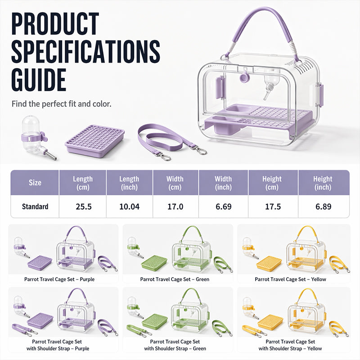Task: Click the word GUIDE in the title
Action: point(39,80)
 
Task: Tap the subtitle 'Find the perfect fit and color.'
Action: point(62,104)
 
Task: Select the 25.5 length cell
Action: point(84,207)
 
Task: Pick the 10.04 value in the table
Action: point(129,207)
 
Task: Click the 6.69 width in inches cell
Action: point(223,207)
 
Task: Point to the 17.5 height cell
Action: point(273,207)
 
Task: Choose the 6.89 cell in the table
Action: point(323,207)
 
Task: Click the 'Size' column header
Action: point(35,183)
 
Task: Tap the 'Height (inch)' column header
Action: point(323,183)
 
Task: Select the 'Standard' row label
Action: point(35,207)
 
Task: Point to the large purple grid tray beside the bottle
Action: point(94,141)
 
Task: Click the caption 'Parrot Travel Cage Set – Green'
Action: point(175,279)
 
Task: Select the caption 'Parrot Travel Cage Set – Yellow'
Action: point(290,279)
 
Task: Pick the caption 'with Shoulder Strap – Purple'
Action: point(58,348)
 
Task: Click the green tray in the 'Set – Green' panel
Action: point(154,263)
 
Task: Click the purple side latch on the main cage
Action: point(320,95)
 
